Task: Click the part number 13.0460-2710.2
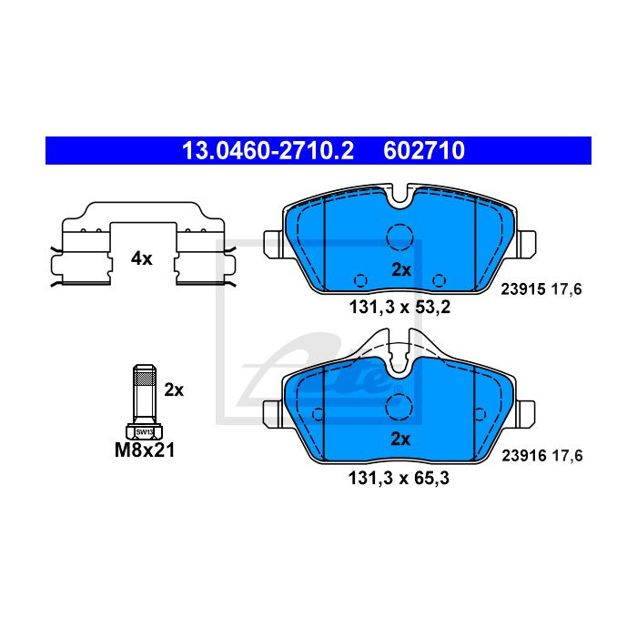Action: [x=268, y=151]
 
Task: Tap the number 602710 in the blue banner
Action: [x=424, y=151]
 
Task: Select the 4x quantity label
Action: [x=141, y=258]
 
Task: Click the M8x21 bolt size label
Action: [x=145, y=450]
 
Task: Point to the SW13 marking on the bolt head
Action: [x=144, y=432]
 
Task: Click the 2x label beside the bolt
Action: [x=174, y=390]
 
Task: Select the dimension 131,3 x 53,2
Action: [x=399, y=308]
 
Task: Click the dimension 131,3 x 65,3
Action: [x=399, y=478]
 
